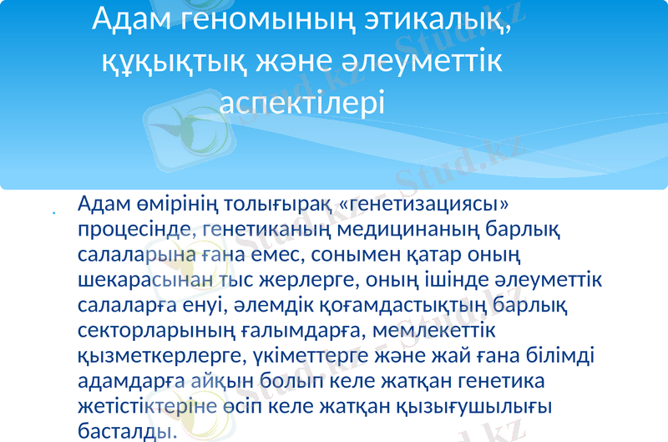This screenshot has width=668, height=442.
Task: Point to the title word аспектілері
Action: (x=304, y=103)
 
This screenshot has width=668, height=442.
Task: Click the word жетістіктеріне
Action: (x=154, y=407)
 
